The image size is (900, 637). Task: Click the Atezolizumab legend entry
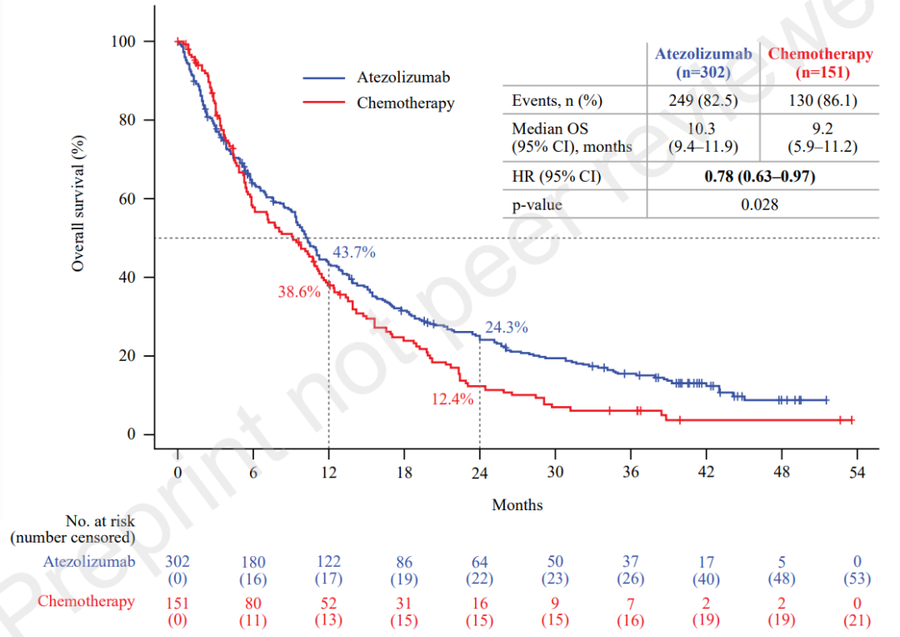(x=403, y=78)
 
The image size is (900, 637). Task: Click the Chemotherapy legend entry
(x=405, y=103)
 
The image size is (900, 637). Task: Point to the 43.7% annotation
(x=354, y=252)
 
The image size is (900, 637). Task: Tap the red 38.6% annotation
(x=299, y=292)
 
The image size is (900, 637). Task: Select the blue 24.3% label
(x=507, y=328)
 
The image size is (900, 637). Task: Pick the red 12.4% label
(x=452, y=399)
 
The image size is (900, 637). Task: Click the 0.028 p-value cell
(x=760, y=203)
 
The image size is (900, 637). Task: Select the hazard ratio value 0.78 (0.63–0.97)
(x=760, y=177)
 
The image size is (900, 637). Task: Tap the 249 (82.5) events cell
(x=703, y=102)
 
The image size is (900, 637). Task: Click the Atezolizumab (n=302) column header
(x=703, y=63)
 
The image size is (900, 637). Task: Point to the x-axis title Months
(x=517, y=504)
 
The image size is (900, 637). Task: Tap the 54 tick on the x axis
(x=857, y=473)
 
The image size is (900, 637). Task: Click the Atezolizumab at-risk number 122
(x=328, y=563)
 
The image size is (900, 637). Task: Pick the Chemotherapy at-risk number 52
(x=328, y=603)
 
